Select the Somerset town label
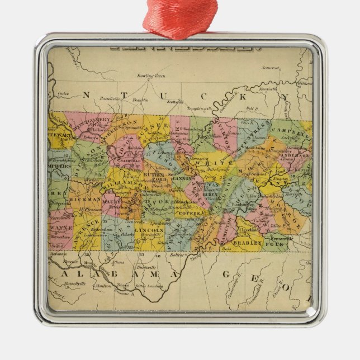269,68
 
